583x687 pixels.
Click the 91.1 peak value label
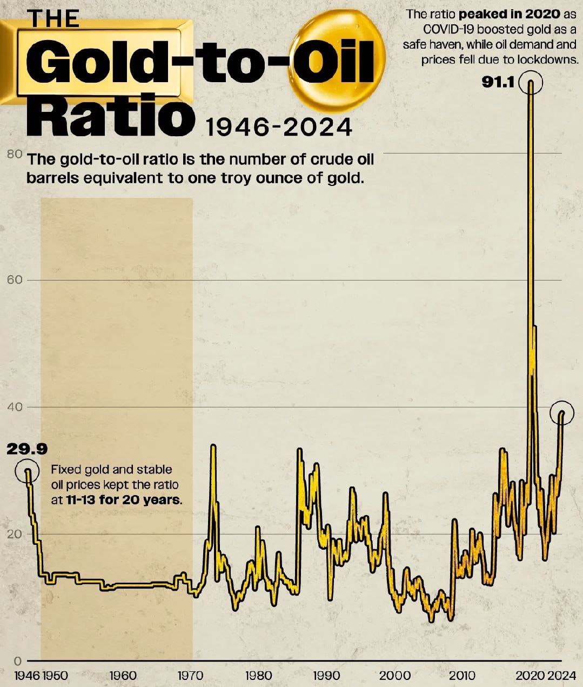(x=498, y=83)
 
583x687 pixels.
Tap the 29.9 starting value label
(x=27, y=449)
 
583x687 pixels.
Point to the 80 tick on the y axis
(x=15, y=154)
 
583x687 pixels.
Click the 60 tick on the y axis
(x=15, y=280)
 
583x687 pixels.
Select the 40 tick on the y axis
(x=15, y=407)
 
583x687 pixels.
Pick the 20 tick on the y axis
(x=15, y=534)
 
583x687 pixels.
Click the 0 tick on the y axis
(x=17, y=661)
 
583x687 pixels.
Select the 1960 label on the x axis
(x=123, y=676)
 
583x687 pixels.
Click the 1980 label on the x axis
(x=258, y=676)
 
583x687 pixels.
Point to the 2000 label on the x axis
(x=394, y=676)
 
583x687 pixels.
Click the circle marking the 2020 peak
(x=531, y=83)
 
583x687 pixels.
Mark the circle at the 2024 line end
(x=562, y=412)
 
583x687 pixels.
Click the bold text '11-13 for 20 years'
(x=124, y=499)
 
